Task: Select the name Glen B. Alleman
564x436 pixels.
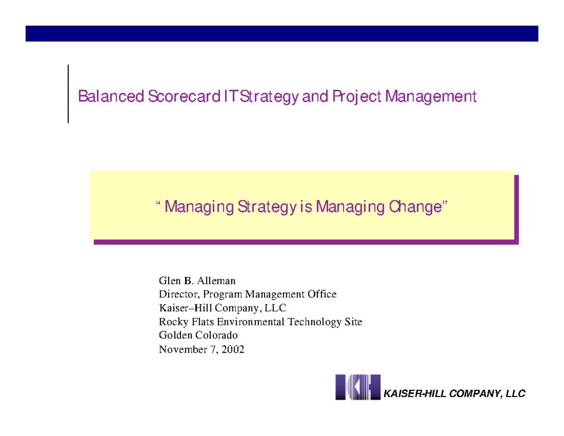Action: click(197, 281)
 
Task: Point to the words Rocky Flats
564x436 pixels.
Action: click(183, 322)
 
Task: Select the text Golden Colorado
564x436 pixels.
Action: click(198, 335)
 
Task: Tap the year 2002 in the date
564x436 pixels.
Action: click(233, 349)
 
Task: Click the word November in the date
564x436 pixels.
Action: click(181, 349)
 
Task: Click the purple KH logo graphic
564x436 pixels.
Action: click(357, 387)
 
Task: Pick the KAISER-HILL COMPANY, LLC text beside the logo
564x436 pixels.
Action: click(454, 393)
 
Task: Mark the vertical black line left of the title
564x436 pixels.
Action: click(68, 94)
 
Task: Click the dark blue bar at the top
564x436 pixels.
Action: click(282, 33)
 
